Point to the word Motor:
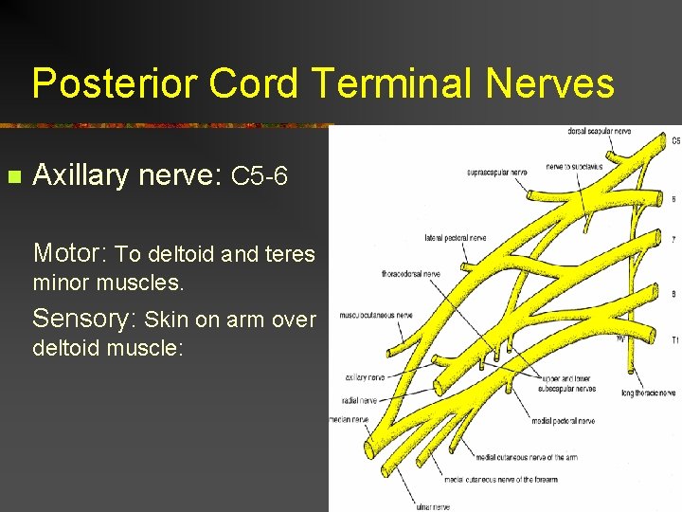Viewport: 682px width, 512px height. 71,253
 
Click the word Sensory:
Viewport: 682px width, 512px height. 85,319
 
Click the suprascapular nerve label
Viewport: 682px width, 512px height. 497,173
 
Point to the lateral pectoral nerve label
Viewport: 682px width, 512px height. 457,238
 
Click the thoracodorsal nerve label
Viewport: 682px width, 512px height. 411,274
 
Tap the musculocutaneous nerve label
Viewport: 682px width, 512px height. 376,315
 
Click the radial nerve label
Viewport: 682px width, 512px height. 361,401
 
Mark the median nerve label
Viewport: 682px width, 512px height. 350,419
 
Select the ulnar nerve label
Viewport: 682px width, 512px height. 433,506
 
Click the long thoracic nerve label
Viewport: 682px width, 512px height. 649,393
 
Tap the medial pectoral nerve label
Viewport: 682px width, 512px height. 563,420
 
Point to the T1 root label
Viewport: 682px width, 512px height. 674,339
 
